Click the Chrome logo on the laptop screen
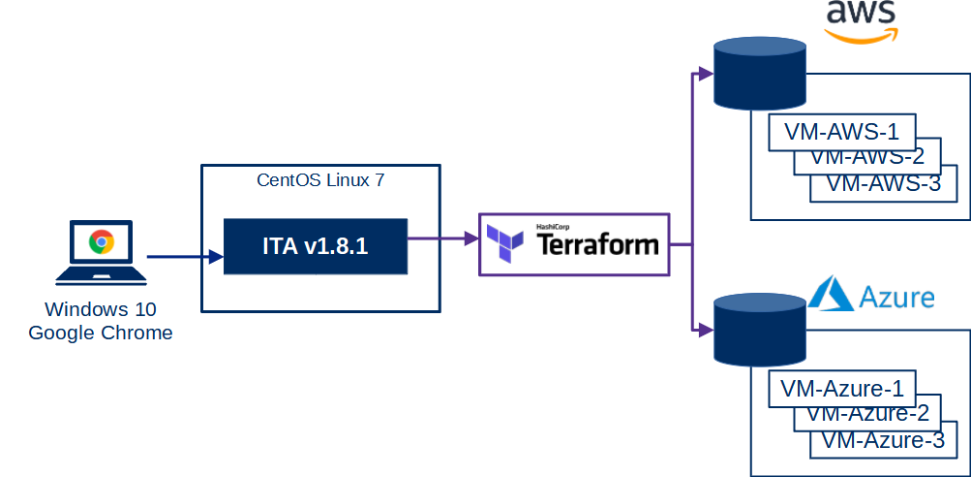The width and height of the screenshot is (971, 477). [x=101, y=242]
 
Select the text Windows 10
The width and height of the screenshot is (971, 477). [x=101, y=310]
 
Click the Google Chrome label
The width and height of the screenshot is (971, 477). [x=101, y=333]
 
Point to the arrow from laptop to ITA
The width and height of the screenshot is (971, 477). [x=184, y=257]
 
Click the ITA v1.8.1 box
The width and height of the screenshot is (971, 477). [x=315, y=246]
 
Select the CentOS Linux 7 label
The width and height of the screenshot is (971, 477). [x=320, y=179]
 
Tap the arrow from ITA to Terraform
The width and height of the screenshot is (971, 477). [x=443, y=236]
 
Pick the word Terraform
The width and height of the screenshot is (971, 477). [x=597, y=244]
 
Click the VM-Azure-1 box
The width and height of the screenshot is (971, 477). [x=842, y=389]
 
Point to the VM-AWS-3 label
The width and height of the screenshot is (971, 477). [x=885, y=183]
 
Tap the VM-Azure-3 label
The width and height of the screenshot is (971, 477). [x=883, y=440]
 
